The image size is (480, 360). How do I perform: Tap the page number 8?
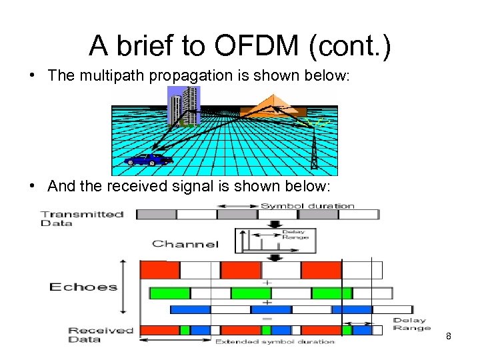(449, 336)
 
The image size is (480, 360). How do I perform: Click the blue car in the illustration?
(148, 159)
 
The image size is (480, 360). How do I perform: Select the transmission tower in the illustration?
(314, 148)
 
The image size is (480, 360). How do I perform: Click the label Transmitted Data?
(82, 218)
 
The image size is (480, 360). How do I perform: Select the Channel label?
(185, 243)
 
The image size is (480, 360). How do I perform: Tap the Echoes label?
(83, 287)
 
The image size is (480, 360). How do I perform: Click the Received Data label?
(101, 335)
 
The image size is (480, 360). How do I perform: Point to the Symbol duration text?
(307, 206)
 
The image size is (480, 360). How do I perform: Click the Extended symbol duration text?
(275, 342)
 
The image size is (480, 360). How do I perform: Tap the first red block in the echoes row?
(160, 270)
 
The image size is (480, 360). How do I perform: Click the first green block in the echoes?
(170, 293)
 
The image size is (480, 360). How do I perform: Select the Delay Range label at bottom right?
(411, 324)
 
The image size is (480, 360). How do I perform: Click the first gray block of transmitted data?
(156, 214)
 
